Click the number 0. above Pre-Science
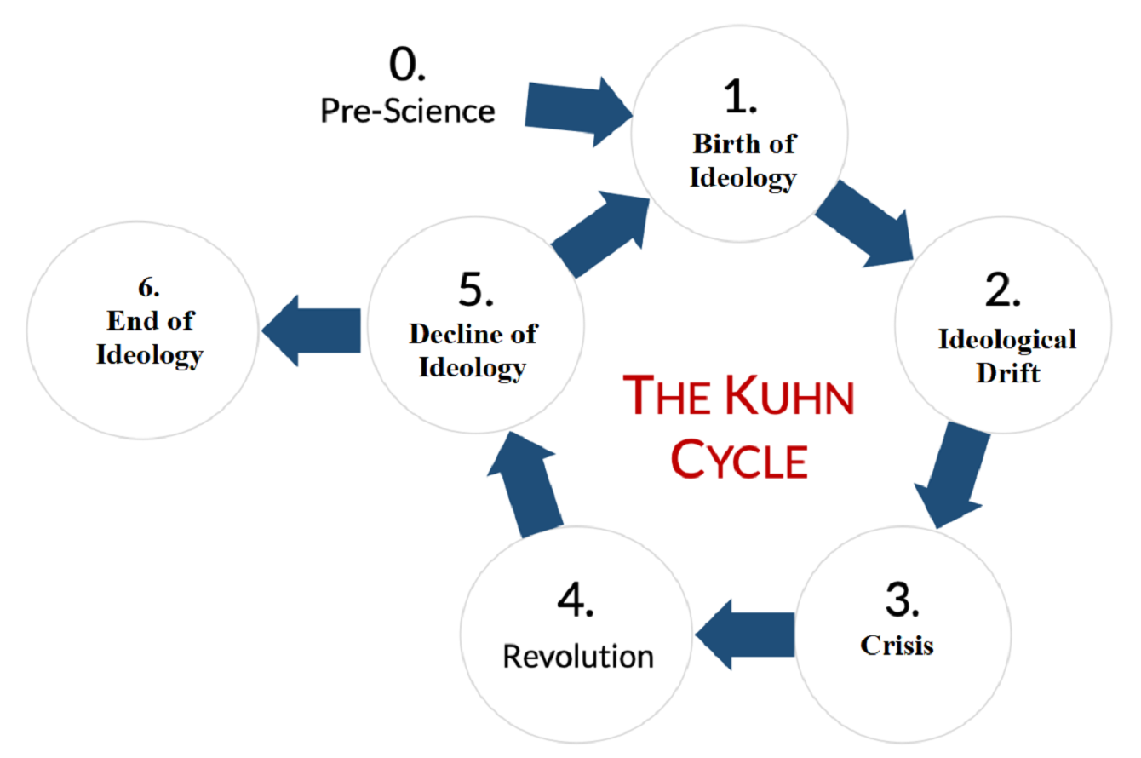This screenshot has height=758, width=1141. coord(407,65)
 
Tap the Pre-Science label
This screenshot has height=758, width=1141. coord(407,111)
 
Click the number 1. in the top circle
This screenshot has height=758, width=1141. coord(739,100)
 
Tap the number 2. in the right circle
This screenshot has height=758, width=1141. coord(1001,291)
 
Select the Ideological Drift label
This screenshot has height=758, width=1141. coord(1007,356)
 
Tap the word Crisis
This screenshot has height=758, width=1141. coord(897,645)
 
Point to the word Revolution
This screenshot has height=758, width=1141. coord(578,657)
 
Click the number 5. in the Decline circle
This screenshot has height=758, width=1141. coord(476,290)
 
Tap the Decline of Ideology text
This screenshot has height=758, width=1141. coord(473,351)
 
